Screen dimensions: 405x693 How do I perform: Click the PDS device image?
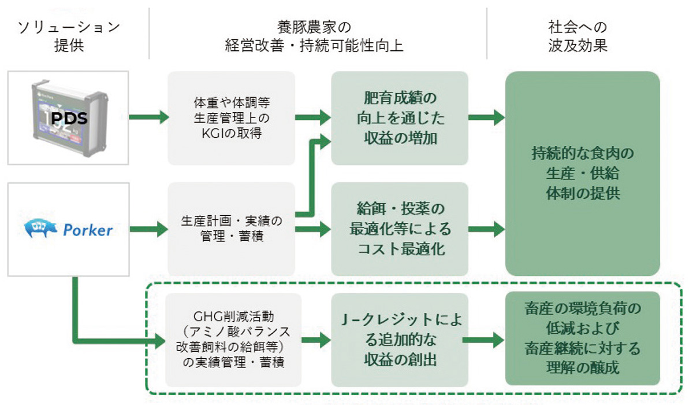pyautogui.click(x=68, y=118)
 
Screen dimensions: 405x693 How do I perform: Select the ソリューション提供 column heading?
pyautogui.click(x=69, y=36)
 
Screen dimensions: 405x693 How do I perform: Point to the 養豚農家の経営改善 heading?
pyautogui.click(x=317, y=36)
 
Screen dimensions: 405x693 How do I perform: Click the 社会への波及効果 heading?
pyautogui.click(x=577, y=36)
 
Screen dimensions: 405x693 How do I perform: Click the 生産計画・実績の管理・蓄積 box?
pyautogui.click(x=231, y=229)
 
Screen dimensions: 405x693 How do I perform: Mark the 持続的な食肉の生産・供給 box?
pyautogui.click(x=582, y=173)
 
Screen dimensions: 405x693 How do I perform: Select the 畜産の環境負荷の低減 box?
pyautogui.click(x=582, y=340)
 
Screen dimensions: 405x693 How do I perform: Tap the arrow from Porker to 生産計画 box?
pyautogui.click(x=148, y=229)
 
